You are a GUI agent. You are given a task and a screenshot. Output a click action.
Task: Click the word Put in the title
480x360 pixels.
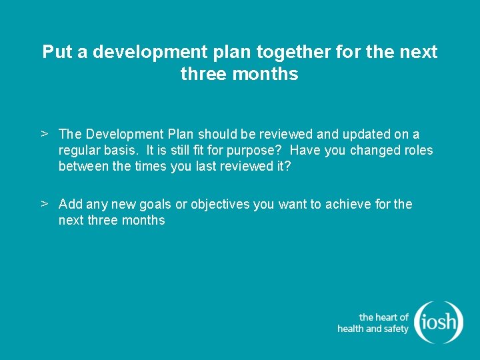tap(57, 52)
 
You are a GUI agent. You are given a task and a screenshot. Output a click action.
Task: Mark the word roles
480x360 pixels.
tap(418, 151)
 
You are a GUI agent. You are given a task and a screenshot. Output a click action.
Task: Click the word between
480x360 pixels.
tap(83, 166)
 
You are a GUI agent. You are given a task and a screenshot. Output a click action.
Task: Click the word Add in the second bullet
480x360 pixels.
tap(70, 204)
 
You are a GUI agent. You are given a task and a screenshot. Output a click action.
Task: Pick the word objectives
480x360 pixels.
tap(220, 204)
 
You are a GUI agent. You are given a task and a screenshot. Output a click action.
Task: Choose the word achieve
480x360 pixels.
tap(349, 204)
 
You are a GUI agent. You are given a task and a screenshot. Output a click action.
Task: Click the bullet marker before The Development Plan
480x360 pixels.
tap(43, 134)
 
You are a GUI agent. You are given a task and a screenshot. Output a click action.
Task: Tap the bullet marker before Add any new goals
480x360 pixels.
tap(43, 203)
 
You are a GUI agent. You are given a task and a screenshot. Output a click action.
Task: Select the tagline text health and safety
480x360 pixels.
tap(373, 329)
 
